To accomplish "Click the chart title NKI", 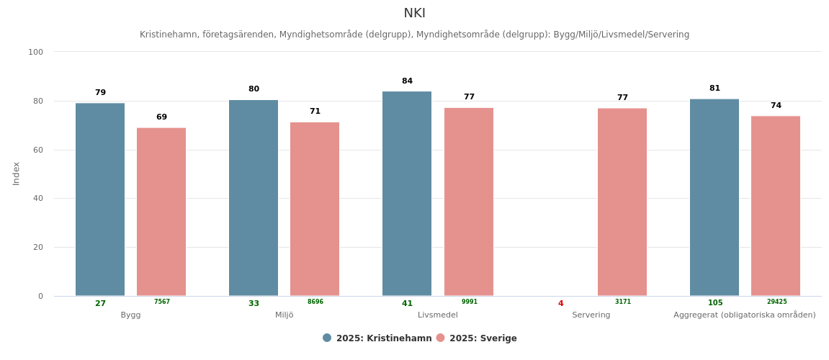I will point(414,14).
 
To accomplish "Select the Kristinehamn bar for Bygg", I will point(100,199).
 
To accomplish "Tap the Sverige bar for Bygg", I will point(161,212).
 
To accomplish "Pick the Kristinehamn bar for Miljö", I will point(254,198).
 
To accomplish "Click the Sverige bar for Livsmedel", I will point(469,202).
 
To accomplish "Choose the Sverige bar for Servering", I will point(622,202).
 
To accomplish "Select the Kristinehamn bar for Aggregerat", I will point(714,197).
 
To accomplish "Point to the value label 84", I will point(408,81).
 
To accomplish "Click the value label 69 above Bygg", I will point(161,117).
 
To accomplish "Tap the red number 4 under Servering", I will point(560,304).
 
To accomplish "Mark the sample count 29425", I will point(776,302).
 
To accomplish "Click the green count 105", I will point(715,303).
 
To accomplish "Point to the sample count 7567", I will point(162,302).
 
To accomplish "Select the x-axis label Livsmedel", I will point(438,315).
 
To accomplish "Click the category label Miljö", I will point(284,315).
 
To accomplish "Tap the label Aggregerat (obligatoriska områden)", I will point(745,315).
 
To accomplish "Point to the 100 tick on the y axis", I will point(35,52).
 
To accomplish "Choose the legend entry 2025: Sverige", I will point(483,338).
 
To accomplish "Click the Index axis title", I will point(17,174).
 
